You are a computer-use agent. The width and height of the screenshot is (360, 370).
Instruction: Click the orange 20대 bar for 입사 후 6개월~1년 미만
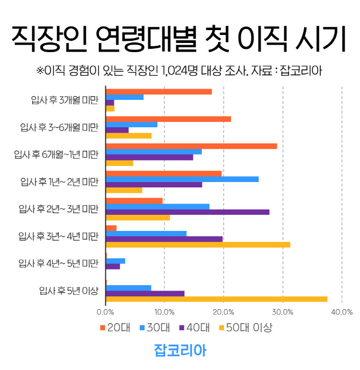click(x=191, y=146)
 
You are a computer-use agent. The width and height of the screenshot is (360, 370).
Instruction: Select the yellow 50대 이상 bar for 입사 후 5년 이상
click(x=217, y=299)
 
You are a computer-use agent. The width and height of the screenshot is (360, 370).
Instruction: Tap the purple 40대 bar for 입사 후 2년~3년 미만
click(x=188, y=212)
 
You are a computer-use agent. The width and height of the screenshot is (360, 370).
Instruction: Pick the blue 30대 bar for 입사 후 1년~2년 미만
click(x=182, y=179)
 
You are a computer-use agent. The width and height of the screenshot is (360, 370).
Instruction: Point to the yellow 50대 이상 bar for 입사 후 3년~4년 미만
click(x=198, y=245)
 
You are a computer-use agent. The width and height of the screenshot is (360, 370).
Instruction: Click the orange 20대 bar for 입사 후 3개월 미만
click(x=159, y=91)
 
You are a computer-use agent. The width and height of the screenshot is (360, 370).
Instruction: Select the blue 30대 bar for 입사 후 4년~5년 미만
click(x=116, y=261)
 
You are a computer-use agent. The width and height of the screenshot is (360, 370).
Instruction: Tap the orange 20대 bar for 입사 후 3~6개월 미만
click(x=168, y=119)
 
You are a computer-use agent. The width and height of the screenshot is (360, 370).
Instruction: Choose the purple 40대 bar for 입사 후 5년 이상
click(x=145, y=293)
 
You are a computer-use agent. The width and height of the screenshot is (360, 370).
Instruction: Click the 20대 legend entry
click(x=116, y=328)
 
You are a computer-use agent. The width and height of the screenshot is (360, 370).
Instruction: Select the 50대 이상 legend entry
click(x=245, y=328)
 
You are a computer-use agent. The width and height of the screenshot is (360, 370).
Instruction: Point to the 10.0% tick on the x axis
click(x=164, y=312)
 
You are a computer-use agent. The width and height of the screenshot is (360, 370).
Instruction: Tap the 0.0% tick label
click(x=106, y=312)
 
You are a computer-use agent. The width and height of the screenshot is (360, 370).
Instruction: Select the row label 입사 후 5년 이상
click(x=69, y=291)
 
